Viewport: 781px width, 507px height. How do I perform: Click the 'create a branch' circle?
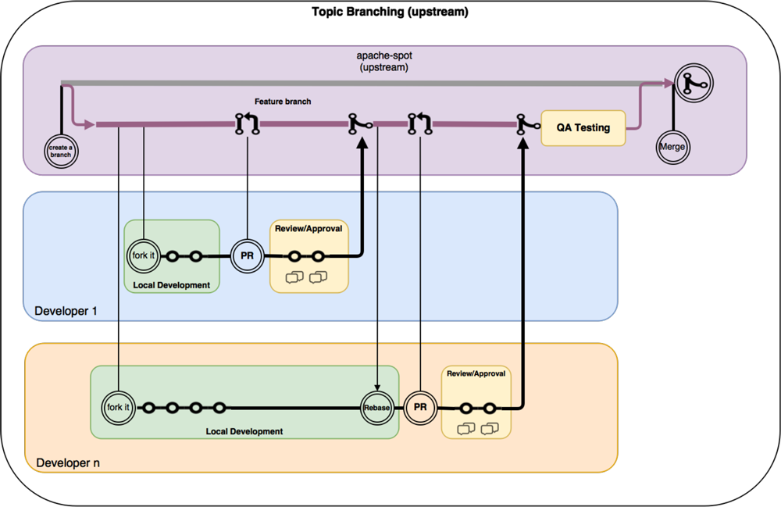[62, 151]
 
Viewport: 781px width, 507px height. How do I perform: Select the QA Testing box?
[583, 127]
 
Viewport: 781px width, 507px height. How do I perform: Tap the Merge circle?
[672, 147]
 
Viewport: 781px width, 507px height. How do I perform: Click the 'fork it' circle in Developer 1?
[144, 255]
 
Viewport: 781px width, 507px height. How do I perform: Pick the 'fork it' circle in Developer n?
[118, 407]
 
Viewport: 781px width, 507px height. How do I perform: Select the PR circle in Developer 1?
[247, 255]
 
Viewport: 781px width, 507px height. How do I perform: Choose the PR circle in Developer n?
[420, 407]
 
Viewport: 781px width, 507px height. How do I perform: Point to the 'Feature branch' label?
[284, 102]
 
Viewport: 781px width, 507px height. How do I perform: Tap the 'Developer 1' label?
[66, 311]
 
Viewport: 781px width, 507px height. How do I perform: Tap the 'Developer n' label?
[67, 462]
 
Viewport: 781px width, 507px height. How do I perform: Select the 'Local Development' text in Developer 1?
[172, 285]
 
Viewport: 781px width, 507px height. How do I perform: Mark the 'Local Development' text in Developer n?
[244, 431]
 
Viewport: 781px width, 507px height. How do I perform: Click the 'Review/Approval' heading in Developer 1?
[308, 228]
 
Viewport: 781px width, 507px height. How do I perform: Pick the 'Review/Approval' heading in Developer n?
[476, 373]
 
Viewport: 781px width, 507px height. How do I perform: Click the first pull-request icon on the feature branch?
[247, 123]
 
